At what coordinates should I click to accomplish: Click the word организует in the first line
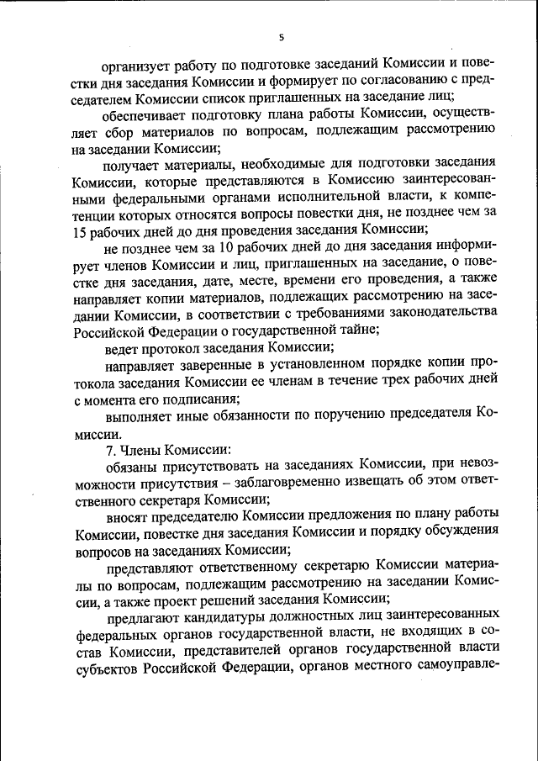[x=142, y=65]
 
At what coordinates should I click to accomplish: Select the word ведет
[x=122, y=346]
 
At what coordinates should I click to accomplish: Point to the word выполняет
[x=140, y=411]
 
